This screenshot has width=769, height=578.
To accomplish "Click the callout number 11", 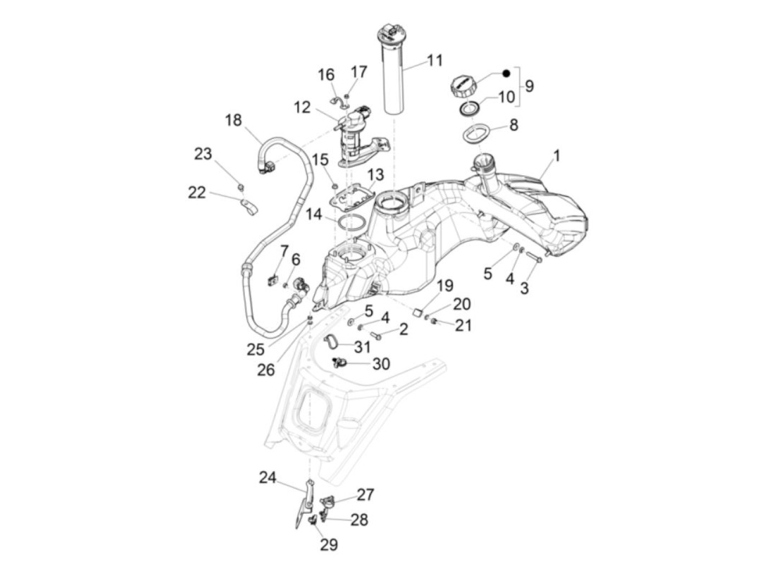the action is click(x=434, y=60).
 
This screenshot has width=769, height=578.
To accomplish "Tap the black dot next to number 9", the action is click(x=507, y=73).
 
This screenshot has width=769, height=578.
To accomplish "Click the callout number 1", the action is click(x=556, y=156).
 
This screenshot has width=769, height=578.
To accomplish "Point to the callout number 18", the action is click(x=233, y=120).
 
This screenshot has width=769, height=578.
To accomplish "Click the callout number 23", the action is click(x=203, y=154).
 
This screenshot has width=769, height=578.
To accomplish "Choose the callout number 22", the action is click(x=196, y=193).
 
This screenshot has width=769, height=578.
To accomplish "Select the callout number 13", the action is click(x=376, y=175).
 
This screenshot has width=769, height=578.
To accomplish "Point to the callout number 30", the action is click(x=381, y=364).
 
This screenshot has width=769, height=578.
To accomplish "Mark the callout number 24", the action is click(x=268, y=478).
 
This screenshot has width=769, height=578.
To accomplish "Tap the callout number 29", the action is click(x=329, y=544).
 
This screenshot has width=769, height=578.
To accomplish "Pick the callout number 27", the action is click(x=365, y=494).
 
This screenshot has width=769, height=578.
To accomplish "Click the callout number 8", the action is click(x=514, y=125).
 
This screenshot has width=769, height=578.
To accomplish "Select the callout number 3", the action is click(x=524, y=287).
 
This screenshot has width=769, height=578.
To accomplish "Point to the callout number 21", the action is click(x=463, y=325).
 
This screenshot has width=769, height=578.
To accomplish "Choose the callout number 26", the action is click(x=266, y=369).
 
